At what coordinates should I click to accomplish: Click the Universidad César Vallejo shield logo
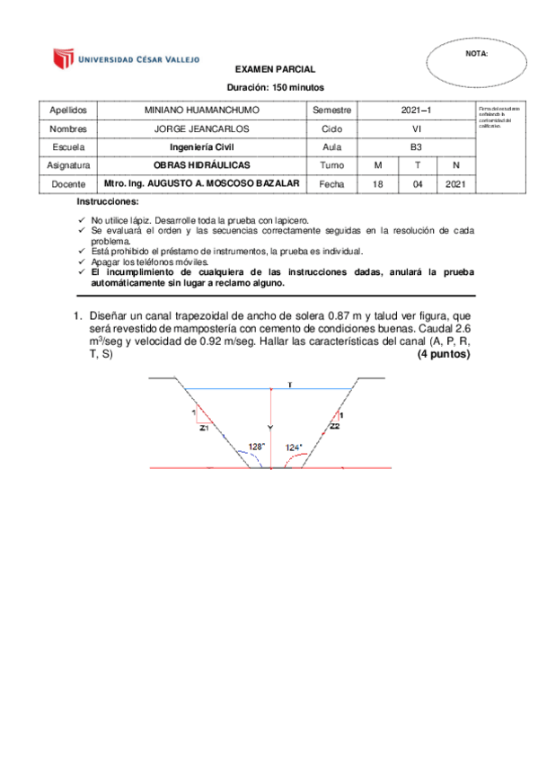[61, 59]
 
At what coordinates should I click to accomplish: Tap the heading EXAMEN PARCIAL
[275, 69]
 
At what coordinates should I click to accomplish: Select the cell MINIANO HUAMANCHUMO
[201, 110]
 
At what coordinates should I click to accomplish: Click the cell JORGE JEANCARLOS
[201, 128]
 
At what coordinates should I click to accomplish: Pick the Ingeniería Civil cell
[201, 146]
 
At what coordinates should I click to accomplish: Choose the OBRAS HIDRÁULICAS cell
[201, 165]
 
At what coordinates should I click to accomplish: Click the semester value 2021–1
[417, 110]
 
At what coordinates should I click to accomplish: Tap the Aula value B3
[417, 146]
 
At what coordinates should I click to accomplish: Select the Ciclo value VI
[417, 128]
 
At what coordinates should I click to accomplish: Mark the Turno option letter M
[377, 165]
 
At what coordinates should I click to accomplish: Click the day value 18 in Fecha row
[377, 184]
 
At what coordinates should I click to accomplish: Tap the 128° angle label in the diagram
[257, 446]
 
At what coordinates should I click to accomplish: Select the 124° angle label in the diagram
[294, 447]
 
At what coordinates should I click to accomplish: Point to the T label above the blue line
[290, 385]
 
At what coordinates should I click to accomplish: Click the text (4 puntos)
[444, 355]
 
